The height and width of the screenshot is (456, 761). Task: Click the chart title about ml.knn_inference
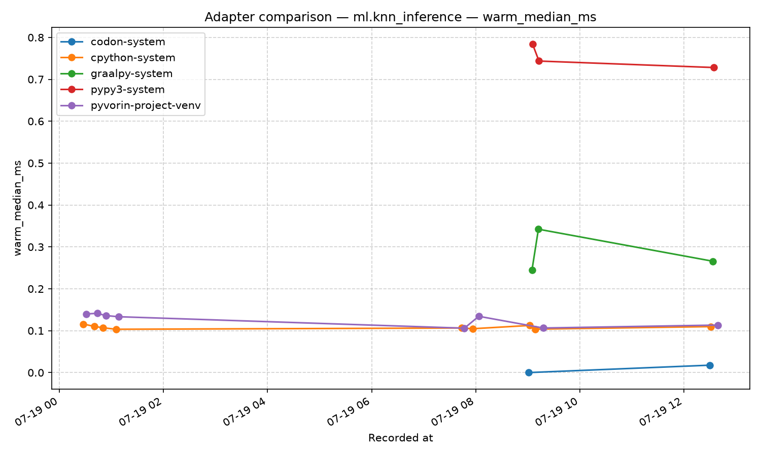[400, 17]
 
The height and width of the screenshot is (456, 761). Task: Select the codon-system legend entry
[113, 42]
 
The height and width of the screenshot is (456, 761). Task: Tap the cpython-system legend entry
[118, 58]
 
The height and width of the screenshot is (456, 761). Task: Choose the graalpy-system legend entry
[117, 73]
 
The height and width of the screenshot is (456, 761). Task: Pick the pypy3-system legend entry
[113, 90]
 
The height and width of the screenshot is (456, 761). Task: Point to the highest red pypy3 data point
[533, 45]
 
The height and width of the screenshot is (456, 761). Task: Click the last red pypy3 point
[714, 67]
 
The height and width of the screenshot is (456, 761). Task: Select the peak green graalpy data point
[538, 230]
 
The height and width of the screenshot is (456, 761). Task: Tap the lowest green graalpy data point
[532, 271]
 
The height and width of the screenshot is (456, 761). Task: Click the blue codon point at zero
[529, 372]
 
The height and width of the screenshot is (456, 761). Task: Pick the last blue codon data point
[710, 365]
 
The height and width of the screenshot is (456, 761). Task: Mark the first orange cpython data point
[83, 324]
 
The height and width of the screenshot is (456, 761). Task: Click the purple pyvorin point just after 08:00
[479, 317]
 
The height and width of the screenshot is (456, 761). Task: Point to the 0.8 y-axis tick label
[36, 37]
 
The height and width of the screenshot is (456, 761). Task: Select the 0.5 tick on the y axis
[36, 163]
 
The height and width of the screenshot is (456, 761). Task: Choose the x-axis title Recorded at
[401, 438]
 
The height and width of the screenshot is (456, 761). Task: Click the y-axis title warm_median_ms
[18, 208]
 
